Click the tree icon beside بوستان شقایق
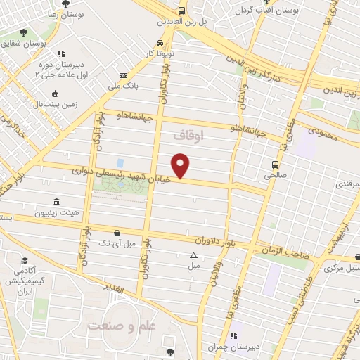coord(25,32)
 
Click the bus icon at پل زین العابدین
coord(182,11)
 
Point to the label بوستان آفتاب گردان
coord(288,11)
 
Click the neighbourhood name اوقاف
coord(188,136)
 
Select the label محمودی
coord(323,132)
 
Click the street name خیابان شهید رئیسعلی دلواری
coord(126,171)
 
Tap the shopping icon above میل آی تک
coord(116,233)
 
